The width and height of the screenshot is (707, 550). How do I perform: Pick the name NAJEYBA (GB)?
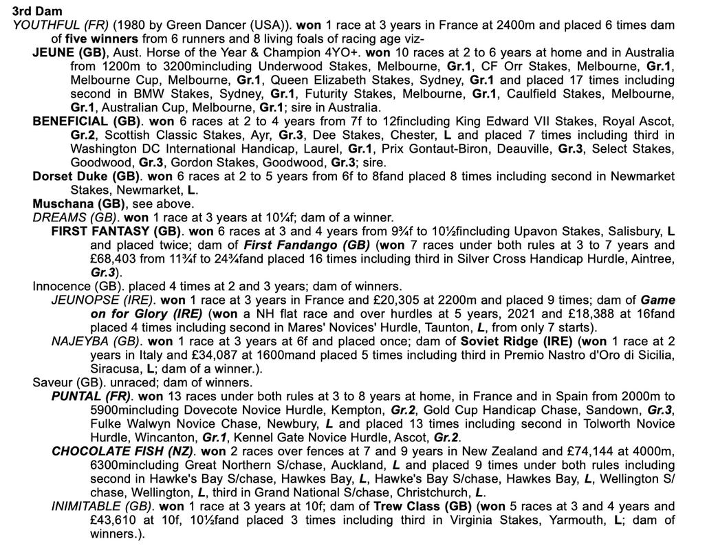coord(96,341)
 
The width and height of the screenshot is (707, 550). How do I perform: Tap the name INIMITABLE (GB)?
coord(99,506)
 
